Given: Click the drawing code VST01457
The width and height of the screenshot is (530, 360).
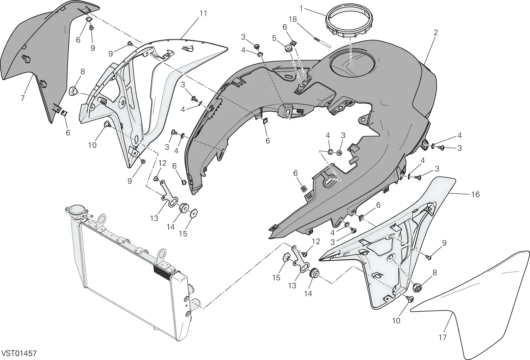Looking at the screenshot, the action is [19, 353].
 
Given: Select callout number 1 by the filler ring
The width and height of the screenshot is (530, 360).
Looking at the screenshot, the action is [301, 9].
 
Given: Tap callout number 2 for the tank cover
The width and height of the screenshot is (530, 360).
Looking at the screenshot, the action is [436, 32].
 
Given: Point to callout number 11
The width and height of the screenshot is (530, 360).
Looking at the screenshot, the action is [203, 14].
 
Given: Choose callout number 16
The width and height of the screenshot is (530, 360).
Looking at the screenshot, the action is [475, 194].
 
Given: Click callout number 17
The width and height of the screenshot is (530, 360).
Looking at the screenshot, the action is [443, 337].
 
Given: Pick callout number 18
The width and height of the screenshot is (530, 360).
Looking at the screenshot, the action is [293, 19].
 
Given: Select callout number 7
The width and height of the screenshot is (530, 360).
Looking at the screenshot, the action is [23, 98].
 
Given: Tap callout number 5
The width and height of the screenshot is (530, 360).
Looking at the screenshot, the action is [274, 38].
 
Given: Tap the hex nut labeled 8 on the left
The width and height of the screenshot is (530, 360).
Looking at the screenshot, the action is [73, 91].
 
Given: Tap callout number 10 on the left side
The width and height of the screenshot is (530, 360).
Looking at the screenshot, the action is [92, 145].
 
